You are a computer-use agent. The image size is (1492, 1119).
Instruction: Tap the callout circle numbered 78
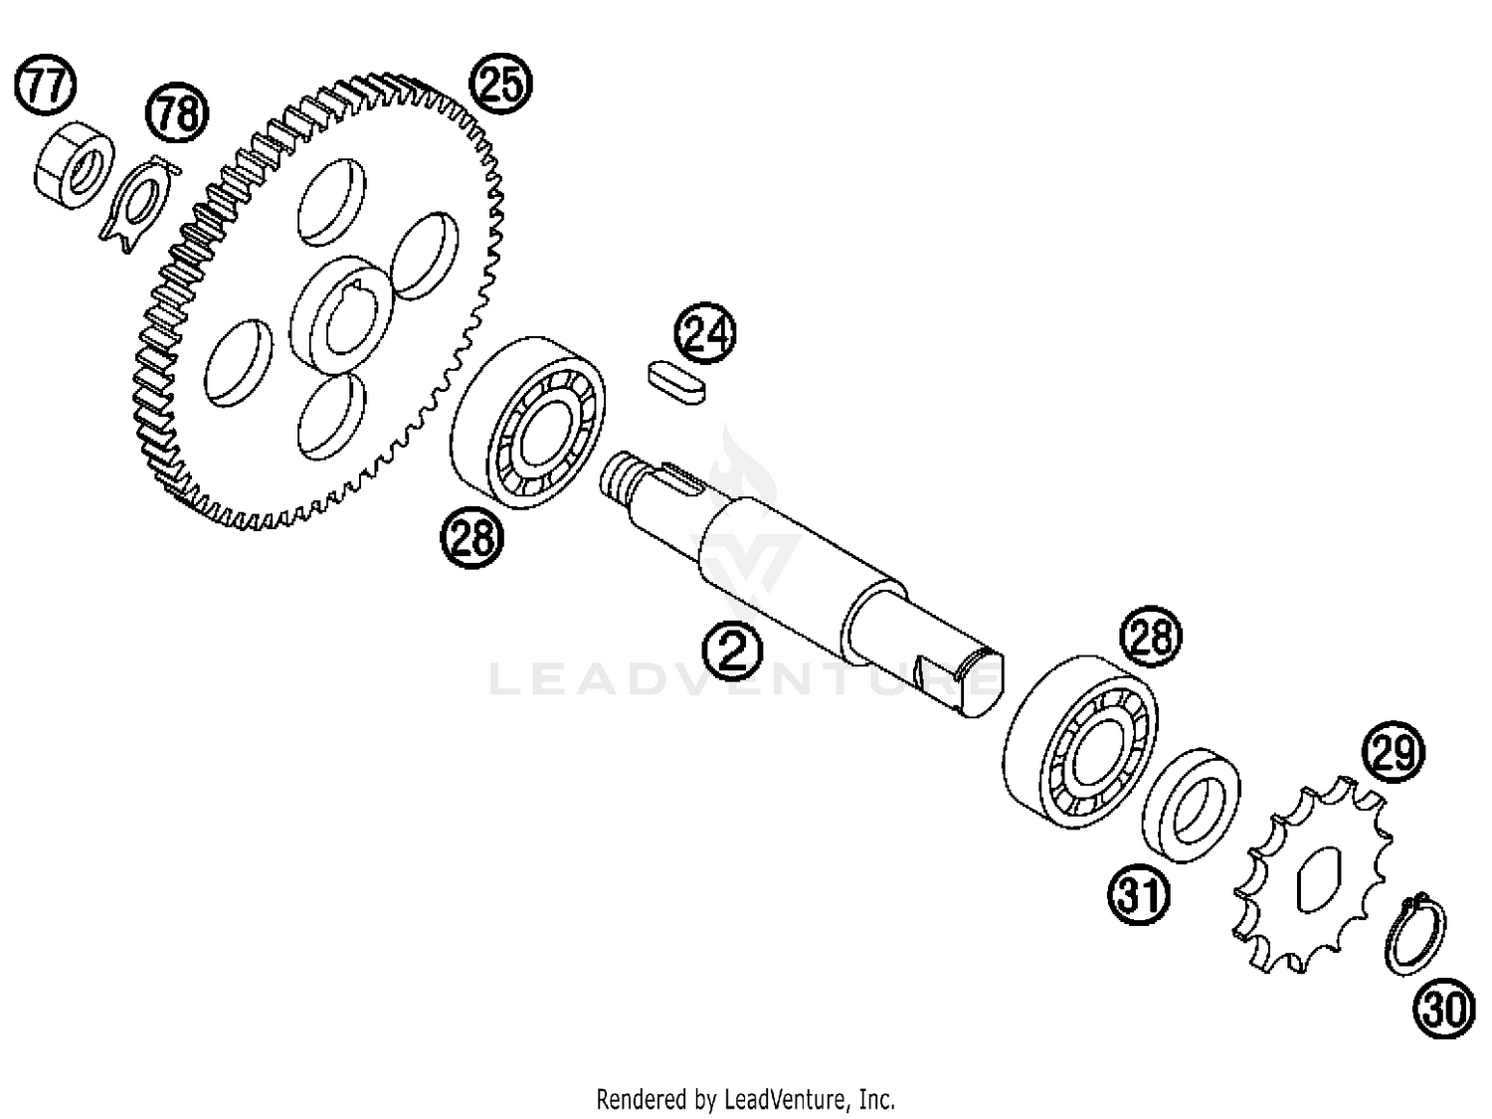[177, 112]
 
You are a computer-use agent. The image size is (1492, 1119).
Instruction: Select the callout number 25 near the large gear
[501, 83]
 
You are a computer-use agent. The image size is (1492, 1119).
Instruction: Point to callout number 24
[705, 333]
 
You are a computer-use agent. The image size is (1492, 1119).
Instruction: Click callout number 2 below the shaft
[732, 650]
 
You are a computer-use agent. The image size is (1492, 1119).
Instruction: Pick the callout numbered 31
[1139, 894]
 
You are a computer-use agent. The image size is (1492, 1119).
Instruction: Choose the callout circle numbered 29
[1393, 752]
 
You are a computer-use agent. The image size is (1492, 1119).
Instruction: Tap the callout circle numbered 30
[1444, 1008]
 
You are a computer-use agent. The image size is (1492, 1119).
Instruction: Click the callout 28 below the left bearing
[472, 537]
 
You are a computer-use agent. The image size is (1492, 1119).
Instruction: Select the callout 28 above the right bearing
[1151, 637]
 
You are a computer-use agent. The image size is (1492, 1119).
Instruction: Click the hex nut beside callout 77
[74, 166]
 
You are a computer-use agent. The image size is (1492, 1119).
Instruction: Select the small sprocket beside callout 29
[1312, 874]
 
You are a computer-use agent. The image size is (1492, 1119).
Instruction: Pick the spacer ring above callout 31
[1191, 806]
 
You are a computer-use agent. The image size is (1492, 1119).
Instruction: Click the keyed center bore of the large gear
[348, 318]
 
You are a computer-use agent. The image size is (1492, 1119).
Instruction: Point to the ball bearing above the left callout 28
[528, 424]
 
